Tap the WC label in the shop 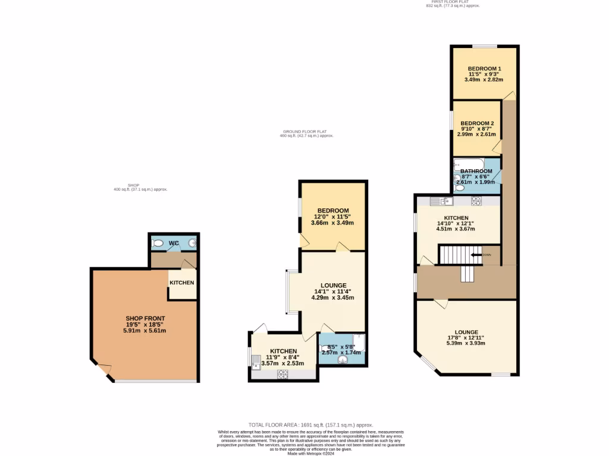tap(174, 243)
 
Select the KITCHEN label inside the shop tap(182, 283)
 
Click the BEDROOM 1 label tap(484, 68)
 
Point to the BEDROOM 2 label tap(477, 123)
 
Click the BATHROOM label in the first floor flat tap(476, 171)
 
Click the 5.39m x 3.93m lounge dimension tap(466, 343)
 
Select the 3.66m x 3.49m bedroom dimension tap(332, 223)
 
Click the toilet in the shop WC tap(158, 243)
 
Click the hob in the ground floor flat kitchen tap(282, 373)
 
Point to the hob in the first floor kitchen tap(476, 201)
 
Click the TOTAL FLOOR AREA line tap(310, 425)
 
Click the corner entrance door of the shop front tap(103, 370)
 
